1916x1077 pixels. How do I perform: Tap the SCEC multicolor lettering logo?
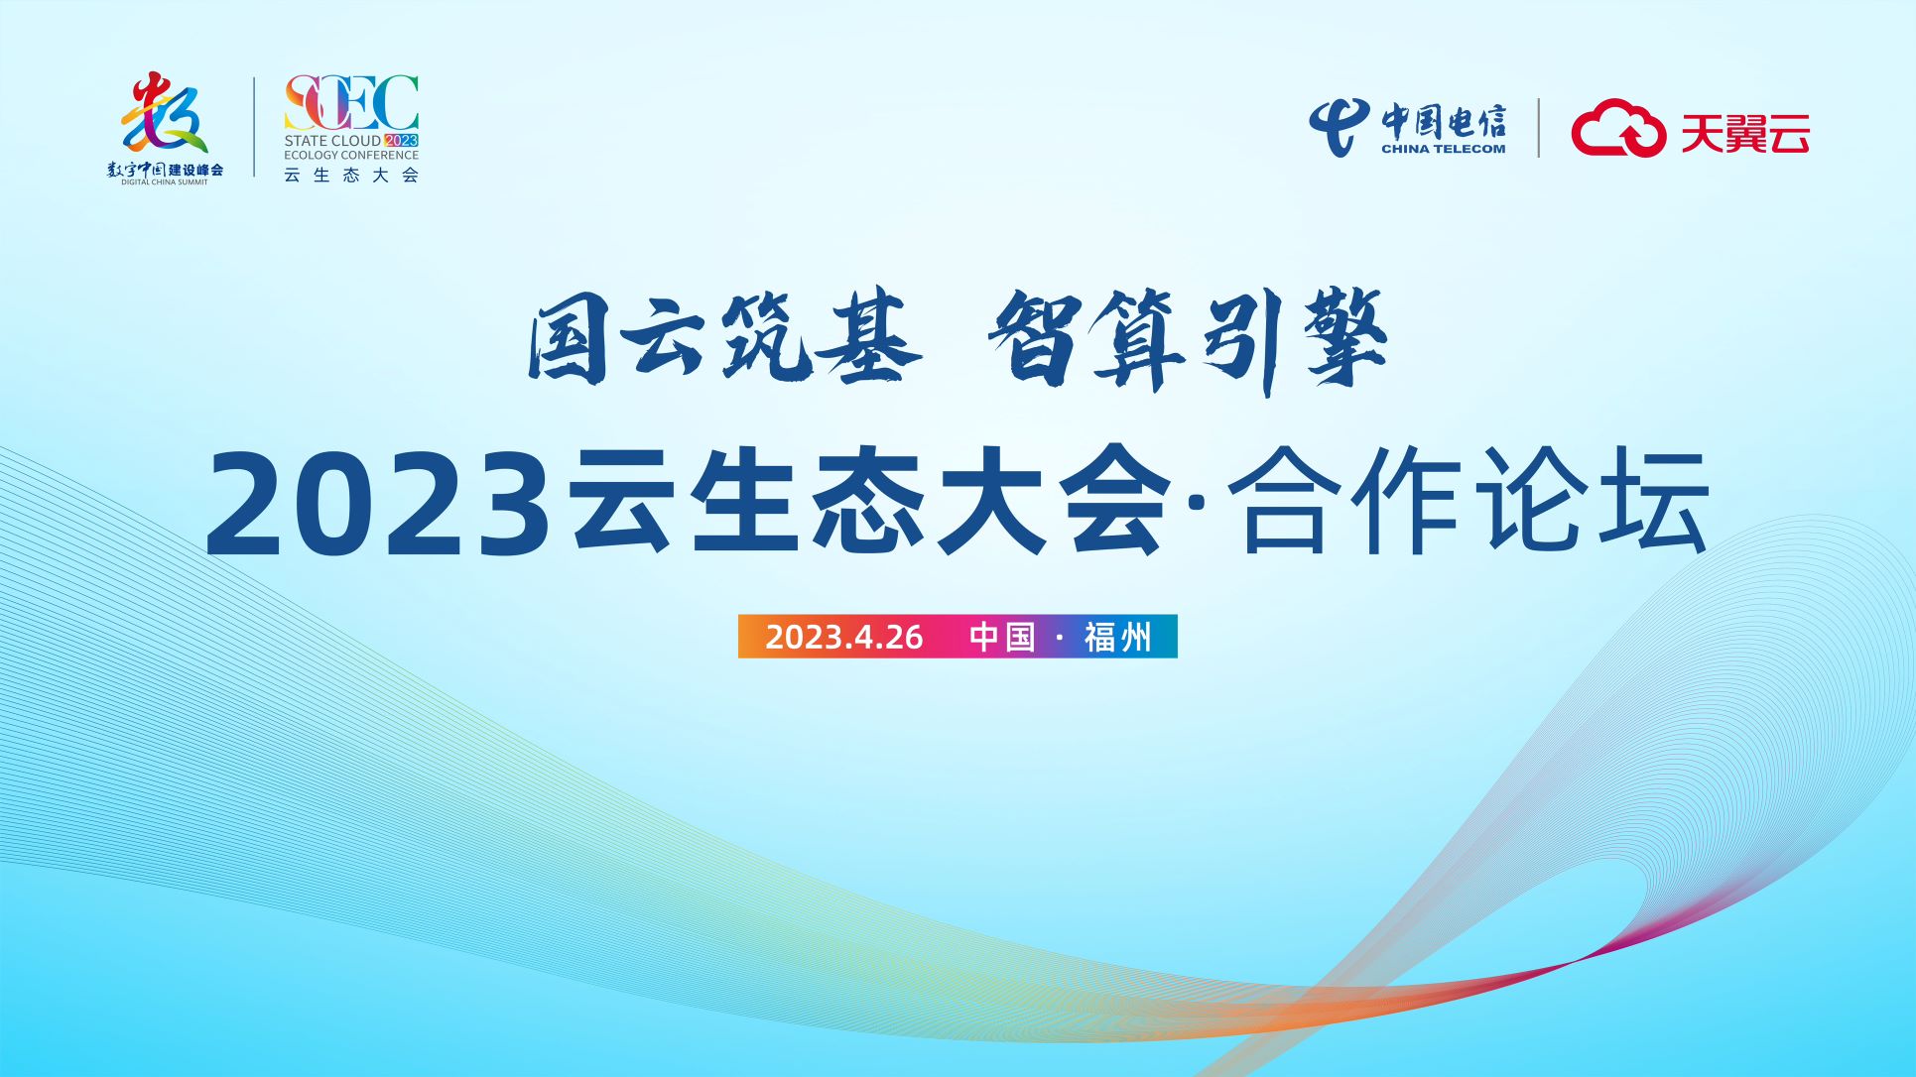351,103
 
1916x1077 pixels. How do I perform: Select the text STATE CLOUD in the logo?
332,141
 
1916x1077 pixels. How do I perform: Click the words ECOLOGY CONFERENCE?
351,155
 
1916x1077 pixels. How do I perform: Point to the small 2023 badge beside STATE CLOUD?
402,141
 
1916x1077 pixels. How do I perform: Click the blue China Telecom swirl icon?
1339,126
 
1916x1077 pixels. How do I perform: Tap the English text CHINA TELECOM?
1443,149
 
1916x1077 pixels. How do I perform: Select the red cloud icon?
1617,128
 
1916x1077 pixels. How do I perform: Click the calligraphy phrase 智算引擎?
1187,340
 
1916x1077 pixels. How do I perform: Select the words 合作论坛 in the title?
1469,501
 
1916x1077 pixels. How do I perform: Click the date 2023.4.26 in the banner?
844,637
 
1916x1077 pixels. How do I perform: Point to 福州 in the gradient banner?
1117,637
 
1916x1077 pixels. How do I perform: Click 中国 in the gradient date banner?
1002,637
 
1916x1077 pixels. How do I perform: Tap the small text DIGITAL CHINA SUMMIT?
165,182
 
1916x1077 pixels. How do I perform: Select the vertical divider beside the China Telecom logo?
1539,128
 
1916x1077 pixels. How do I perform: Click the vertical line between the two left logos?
255,127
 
